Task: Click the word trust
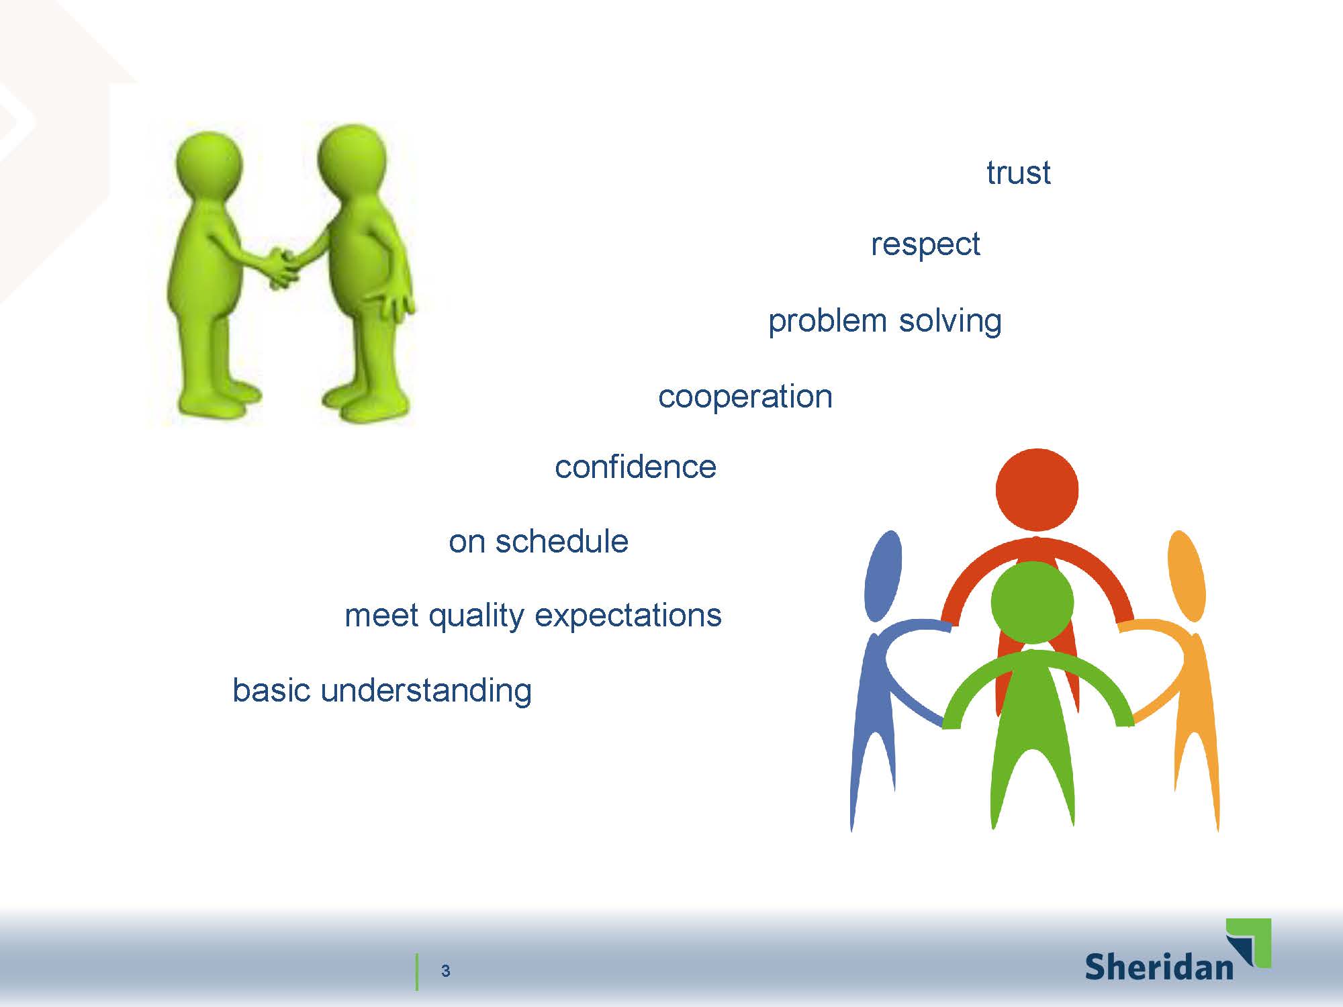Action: pyautogui.click(x=1018, y=173)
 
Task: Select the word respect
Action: pyautogui.click(x=925, y=244)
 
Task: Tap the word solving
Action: pyautogui.click(x=950, y=321)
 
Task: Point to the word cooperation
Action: pyautogui.click(x=745, y=397)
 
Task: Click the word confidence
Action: pyautogui.click(x=635, y=467)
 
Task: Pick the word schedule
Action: pyautogui.click(x=561, y=541)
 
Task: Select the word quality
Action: pyautogui.click(x=476, y=616)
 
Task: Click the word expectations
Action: pyautogui.click(x=628, y=616)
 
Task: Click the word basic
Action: pyautogui.click(x=271, y=690)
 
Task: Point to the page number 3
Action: pyautogui.click(x=445, y=971)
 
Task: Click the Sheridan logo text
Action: pyautogui.click(x=1158, y=966)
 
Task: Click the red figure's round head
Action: pyautogui.click(x=1037, y=489)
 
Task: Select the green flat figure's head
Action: pyautogui.click(x=1032, y=602)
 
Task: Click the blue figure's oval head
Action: pyautogui.click(x=882, y=576)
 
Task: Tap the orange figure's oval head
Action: pyautogui.click(x=1187, y=576)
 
